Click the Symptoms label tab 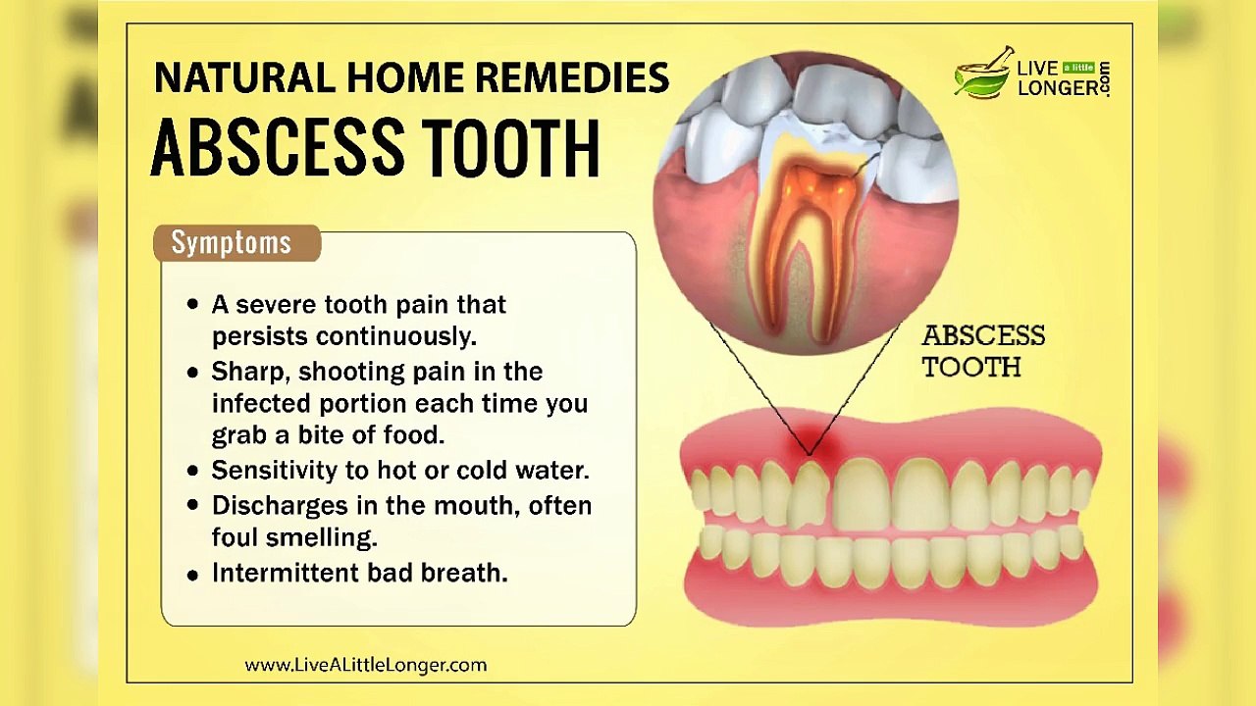(x=232, y=242)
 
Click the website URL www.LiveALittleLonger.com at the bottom (x=365, y=665)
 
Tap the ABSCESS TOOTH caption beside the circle (x=982, y=351)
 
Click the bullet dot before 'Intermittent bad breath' (x=192, y=575)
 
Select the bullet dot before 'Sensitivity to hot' (x=192, y=472)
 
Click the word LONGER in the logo (x=1057, y=87)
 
